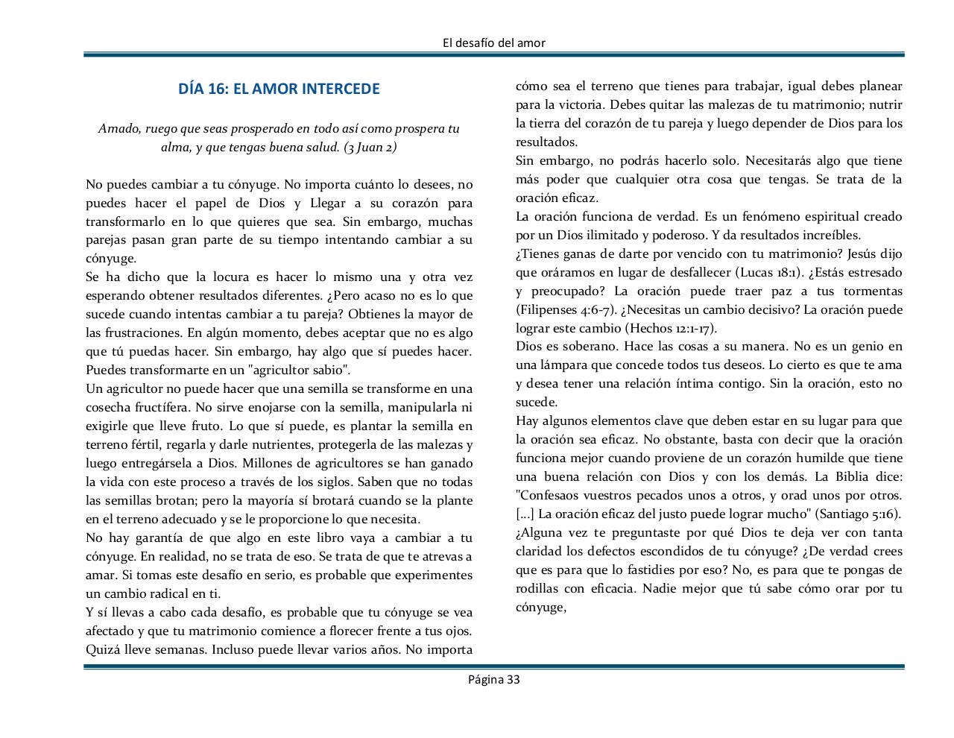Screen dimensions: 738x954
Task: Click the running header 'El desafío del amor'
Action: tap(493, 42)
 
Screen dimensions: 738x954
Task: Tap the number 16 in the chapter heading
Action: tap(218, 89)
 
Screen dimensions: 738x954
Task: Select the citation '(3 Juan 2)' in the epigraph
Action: tap(370, 147)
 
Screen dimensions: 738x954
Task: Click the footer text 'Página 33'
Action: tap(493, 679)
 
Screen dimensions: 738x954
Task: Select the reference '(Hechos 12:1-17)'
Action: tap(671, 328)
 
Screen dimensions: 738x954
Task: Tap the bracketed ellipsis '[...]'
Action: tap(525, 514)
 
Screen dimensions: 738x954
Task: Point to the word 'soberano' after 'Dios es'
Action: tap(591, 346)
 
